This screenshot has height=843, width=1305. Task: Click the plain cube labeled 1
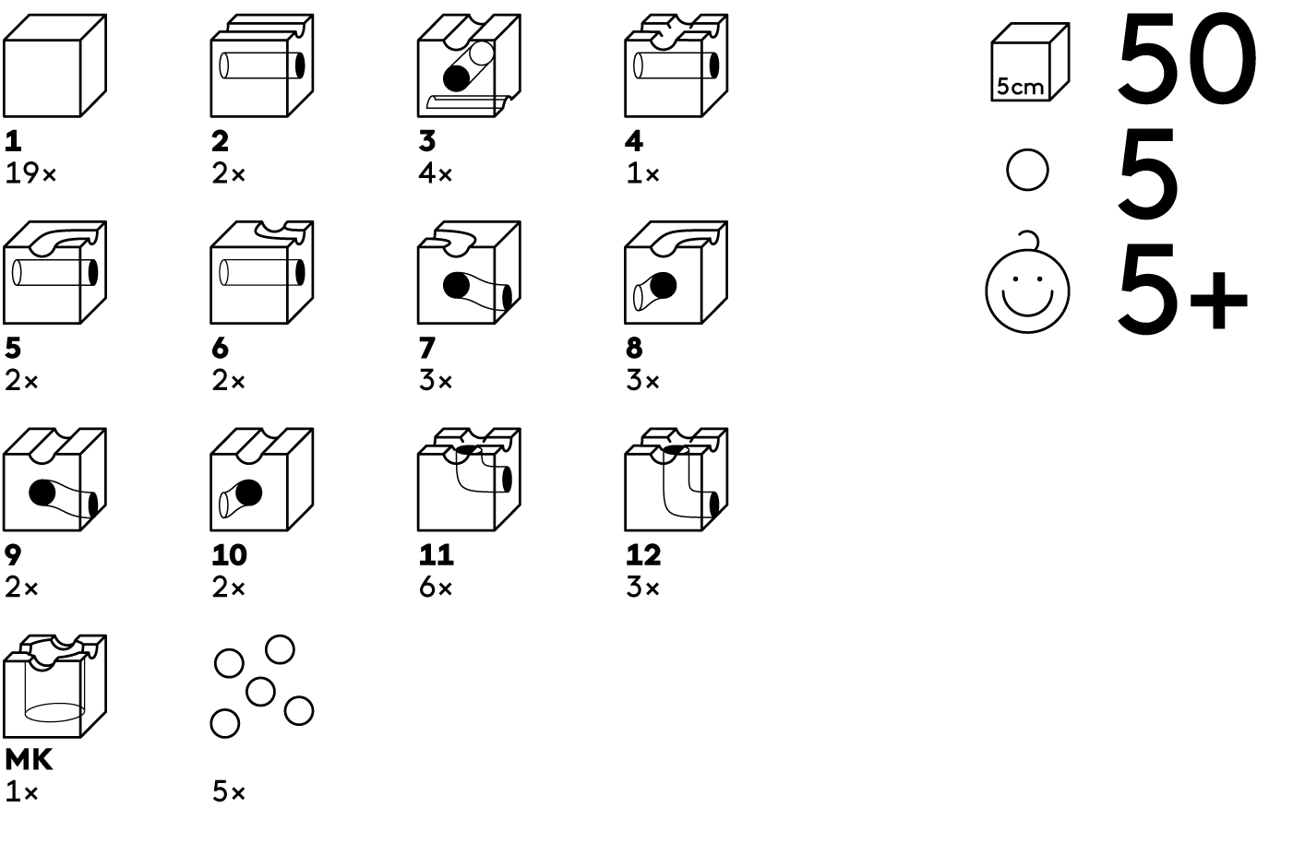[54, 65]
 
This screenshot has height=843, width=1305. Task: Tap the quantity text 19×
[30, 173]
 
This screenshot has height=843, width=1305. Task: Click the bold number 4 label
[634, 141]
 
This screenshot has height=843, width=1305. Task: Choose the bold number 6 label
[220, 349]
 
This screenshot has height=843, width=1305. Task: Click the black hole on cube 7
[457, 285]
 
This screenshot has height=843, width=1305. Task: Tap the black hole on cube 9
[42, 493]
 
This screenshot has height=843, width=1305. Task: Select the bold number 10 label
[229, 555]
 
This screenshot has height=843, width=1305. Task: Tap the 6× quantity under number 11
[436, 588]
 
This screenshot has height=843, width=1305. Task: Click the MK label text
[29, 760]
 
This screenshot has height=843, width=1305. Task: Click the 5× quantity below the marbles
[228, 792]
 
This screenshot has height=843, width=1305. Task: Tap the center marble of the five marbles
[260, 691]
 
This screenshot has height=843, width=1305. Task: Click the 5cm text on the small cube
[1020, 88]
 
